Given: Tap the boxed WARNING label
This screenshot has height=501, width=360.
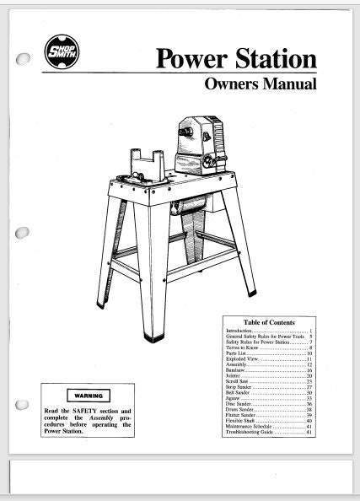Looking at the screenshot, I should tap(87, 395).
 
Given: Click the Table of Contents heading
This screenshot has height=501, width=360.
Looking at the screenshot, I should tap(269, 323).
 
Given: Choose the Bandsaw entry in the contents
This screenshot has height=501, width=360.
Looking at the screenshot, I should tap(239, 370).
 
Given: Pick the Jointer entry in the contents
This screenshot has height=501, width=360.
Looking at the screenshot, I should tap(238, 376).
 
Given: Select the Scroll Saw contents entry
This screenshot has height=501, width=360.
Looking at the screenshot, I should tap(241, 382).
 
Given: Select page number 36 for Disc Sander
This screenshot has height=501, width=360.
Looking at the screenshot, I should tap(309, 401).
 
